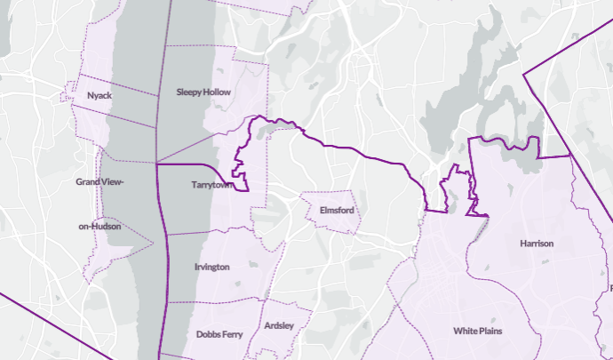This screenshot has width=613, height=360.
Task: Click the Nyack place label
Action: (x=99, y=95)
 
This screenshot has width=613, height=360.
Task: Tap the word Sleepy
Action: (x=189, y=92)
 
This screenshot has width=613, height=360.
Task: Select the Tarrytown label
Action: (x=211, y=186)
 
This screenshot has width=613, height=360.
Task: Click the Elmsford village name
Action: (x=336, y=211)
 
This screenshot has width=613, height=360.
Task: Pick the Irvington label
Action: (x=211, y=267)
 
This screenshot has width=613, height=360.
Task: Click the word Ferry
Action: (x=234, y=334)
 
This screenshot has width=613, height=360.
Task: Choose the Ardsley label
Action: (x=279, y=326)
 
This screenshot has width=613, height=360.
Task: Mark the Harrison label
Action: (x=537, y=243)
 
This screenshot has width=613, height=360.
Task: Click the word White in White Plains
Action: (x=466, y=332)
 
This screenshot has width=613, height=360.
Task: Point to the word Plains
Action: (x=491, y=332)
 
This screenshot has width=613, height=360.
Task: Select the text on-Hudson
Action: (x=100, y=226)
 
